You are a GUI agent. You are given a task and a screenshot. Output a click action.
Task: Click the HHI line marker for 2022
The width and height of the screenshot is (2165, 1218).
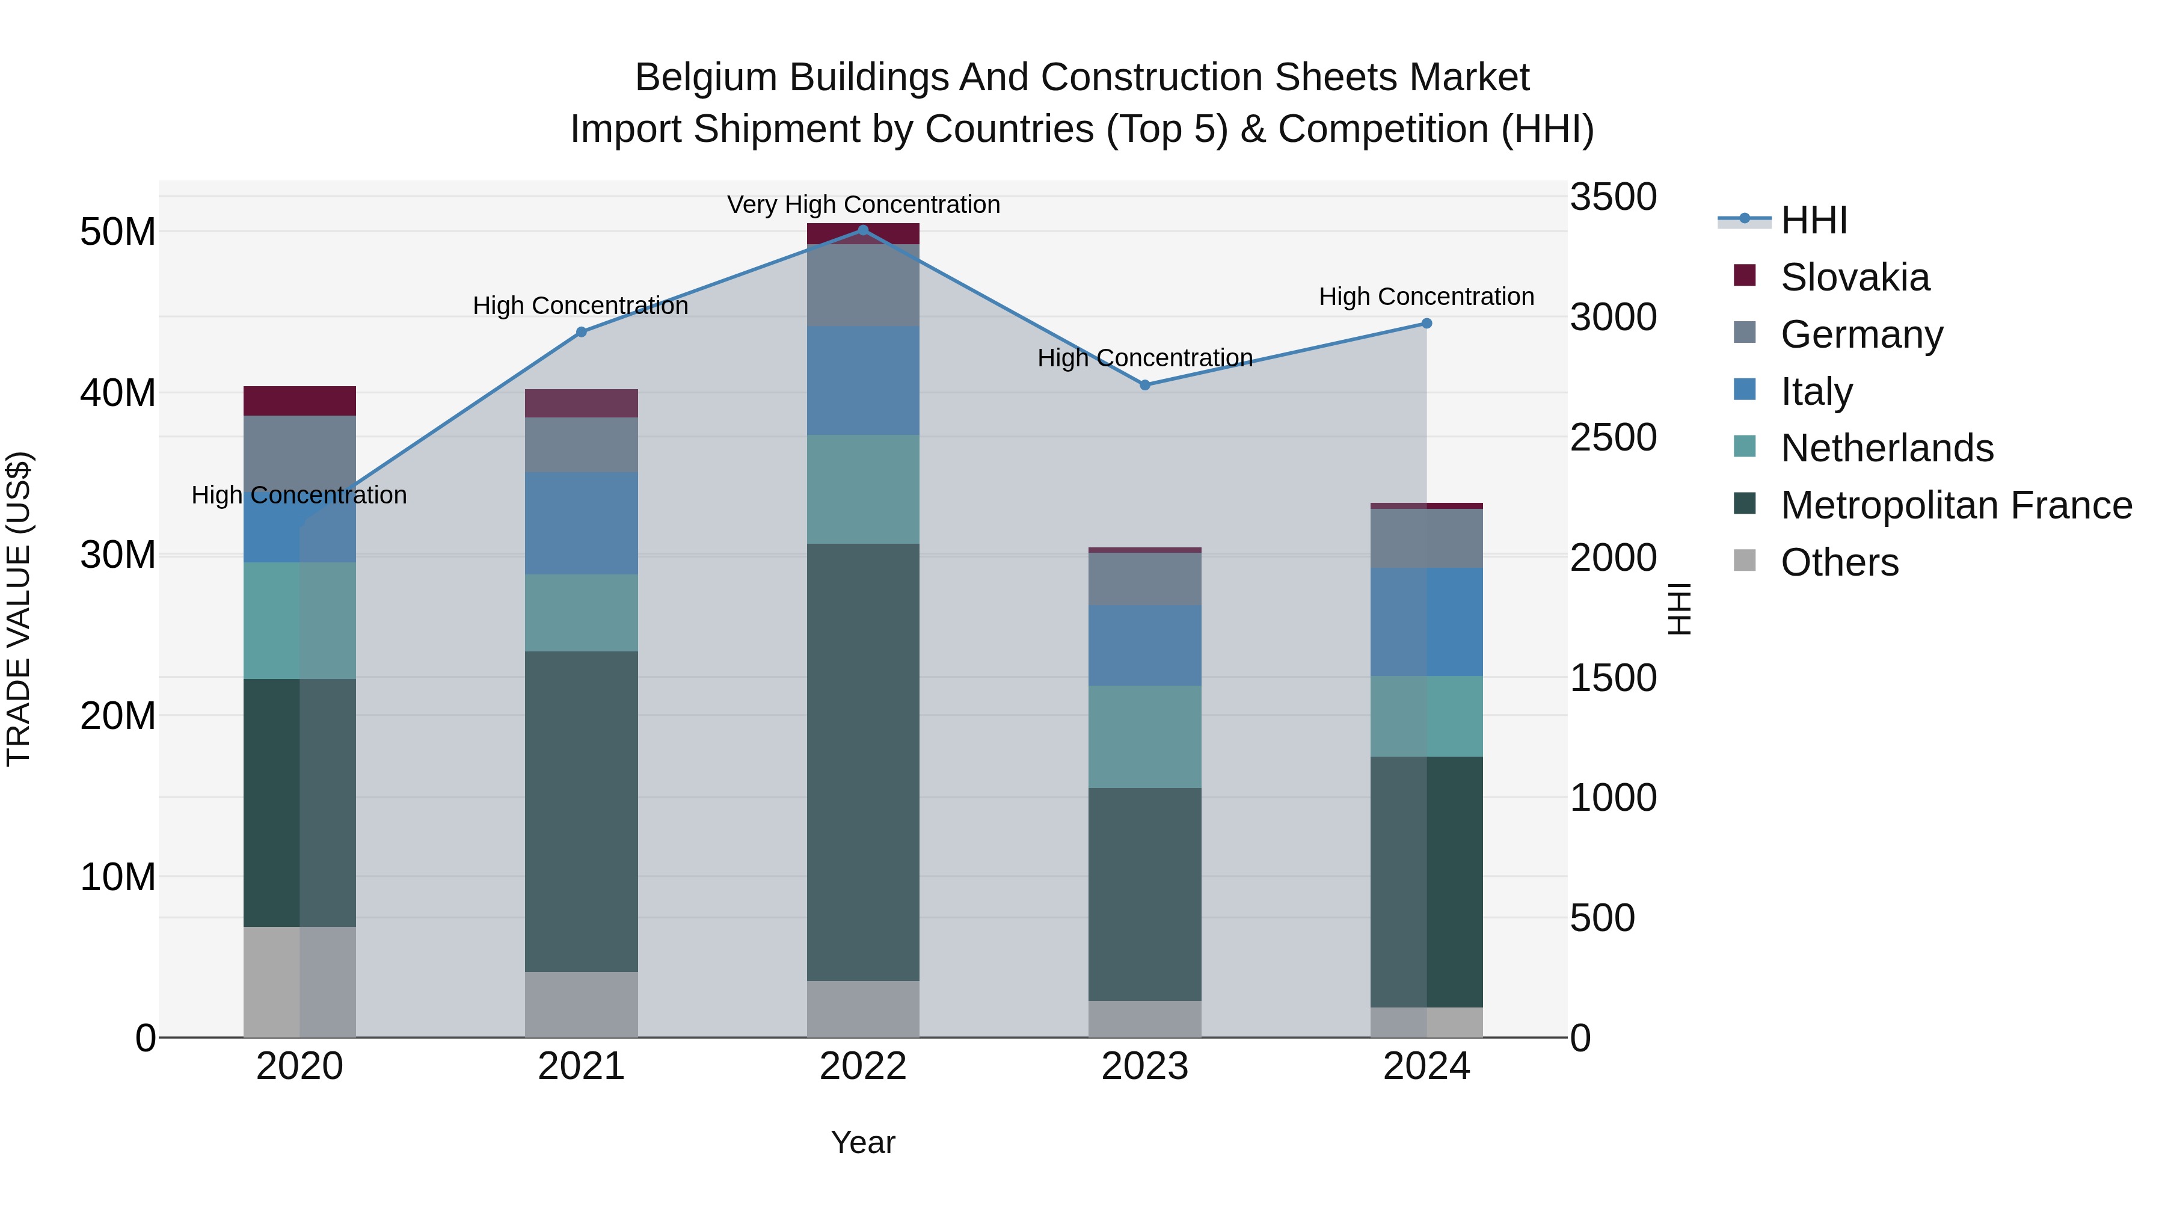tap(862, 230)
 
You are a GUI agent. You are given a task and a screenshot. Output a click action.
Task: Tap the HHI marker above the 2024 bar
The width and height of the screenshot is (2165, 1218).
tap(1426, 324)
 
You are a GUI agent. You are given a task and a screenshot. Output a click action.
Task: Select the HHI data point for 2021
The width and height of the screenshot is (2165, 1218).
tap(581, 332)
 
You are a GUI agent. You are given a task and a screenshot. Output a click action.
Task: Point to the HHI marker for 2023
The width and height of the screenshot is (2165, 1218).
tap(1144, 385)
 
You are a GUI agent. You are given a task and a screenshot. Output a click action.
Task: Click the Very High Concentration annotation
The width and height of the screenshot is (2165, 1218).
tap(863, 205)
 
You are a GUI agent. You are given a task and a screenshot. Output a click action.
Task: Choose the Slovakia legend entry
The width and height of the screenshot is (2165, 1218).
tap(1854, 277)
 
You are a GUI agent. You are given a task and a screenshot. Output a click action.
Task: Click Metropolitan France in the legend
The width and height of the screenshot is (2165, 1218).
tap(1956, 505)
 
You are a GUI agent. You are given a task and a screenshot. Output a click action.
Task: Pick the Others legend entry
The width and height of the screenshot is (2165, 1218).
tap(1839, 562)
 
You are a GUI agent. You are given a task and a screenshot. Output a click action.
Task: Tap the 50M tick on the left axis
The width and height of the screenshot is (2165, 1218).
tap(118, 232)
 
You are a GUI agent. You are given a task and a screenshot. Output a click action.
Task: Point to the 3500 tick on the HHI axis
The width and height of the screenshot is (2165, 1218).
tap(1613, 197)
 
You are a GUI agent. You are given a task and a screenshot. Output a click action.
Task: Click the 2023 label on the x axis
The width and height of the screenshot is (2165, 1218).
tap(1144, 1066)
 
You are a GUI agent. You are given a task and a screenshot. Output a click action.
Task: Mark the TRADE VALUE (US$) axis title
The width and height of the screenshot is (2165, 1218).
tap(19, 609)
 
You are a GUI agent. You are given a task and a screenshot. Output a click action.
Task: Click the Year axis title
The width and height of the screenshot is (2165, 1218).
tap(862, 1142)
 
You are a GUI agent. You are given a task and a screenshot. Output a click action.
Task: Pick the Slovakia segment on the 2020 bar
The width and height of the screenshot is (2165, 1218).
tap(299, 401)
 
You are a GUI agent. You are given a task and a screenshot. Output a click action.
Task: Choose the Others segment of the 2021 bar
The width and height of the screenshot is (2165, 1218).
tap(581, 1004)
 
